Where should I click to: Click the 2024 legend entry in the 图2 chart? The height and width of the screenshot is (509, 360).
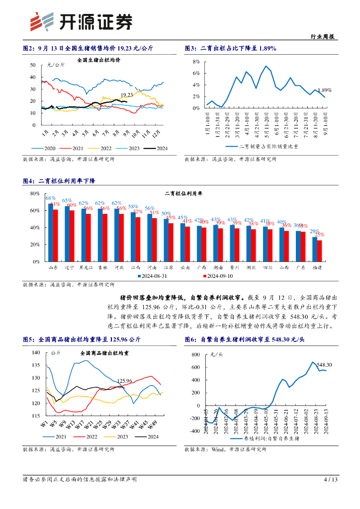[156, 148]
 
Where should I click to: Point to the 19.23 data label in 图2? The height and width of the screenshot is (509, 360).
[127, 95]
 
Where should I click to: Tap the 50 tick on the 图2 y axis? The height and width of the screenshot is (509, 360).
[33, 65]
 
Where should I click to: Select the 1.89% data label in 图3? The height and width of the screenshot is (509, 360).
[324, 90]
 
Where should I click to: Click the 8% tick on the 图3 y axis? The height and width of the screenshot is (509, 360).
[196, 62]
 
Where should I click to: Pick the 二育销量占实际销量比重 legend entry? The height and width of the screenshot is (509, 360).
[269, 147]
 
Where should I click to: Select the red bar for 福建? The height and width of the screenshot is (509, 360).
[320, 251]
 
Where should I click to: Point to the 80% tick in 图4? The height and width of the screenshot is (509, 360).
[35, 193]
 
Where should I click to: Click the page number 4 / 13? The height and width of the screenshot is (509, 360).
[331, 480]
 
